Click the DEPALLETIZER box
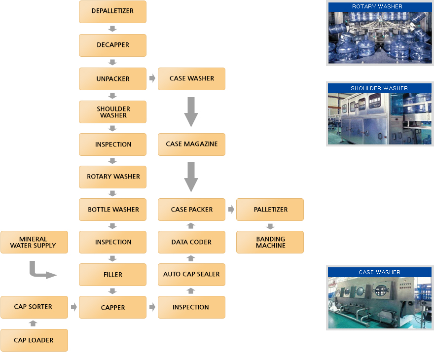[x=112, y=11]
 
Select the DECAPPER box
[x=112, y=45]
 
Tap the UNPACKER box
[x=112, y=79]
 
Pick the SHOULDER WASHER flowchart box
[x=112, y=112]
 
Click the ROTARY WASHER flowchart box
[x=112, y=177]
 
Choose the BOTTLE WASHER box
[x=112, y=210]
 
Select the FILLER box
[x=112, y=275]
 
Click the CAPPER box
[x=112, y=307]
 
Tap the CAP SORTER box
[x=34, y=307]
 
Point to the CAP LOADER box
[x=34, y=340]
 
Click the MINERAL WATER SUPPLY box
[x=34, y=242]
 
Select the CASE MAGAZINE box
[x=191, y=144]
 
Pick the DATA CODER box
[x=191, y=242]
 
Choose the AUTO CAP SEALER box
[x=191, y=275]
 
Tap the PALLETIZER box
[x=270, y=210]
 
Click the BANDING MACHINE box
[x=270, y=242]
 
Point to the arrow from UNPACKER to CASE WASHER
[x=152, y=78]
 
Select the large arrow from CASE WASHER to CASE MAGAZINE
[x=191, y=111]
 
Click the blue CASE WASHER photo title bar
[x=380, y=272]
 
